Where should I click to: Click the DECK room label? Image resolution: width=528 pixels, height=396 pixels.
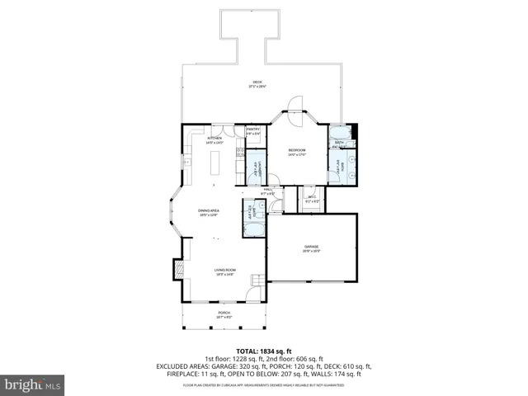click(257, 82)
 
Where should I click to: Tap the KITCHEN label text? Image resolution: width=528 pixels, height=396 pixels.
click(214, 138)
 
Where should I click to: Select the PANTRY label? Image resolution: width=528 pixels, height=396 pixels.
click(253, 129)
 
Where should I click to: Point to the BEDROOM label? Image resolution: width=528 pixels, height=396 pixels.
click(297, 150)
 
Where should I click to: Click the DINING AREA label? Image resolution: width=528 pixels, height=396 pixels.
click(208, 211)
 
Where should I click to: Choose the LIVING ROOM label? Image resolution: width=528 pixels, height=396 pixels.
click(224, 271)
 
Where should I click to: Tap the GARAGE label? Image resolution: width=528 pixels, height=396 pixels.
click(311, 247)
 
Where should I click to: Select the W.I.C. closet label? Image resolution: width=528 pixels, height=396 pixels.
click(311, 197)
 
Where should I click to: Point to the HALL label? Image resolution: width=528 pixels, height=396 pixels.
click(268, 191)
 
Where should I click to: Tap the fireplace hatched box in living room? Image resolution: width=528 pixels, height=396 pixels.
click(177, 271)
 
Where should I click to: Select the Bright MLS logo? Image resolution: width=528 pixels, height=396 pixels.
click(33, 384)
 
